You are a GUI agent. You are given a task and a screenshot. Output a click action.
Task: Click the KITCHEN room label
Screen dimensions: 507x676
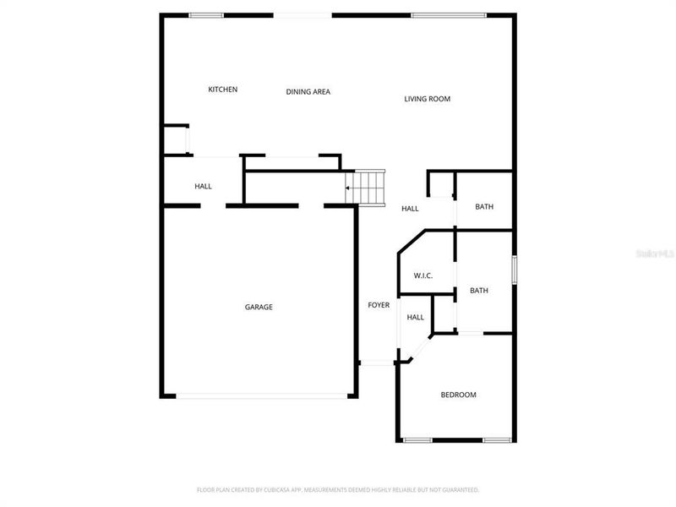[x=223, y=90]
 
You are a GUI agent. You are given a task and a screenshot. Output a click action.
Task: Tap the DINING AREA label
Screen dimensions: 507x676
[x=308, y=91]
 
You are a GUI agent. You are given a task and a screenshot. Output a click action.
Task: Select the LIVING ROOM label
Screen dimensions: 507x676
[x=427, y=99]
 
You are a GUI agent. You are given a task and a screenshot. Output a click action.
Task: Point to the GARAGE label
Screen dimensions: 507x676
[x=259, y=307]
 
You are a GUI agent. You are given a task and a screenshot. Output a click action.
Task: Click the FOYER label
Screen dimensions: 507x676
[x=379, y=305]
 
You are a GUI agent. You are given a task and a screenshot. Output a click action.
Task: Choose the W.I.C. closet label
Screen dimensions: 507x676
[x=423, y=276]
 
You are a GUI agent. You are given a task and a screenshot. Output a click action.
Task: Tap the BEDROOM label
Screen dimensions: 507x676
[x=459, y=395]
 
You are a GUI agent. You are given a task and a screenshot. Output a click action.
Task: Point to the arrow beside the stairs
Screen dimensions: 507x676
[x=348, y=188]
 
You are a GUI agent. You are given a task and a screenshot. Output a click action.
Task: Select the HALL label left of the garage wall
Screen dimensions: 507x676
[x=203, y=186]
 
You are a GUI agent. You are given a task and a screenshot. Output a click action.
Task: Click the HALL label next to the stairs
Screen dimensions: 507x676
[x=410, y=209]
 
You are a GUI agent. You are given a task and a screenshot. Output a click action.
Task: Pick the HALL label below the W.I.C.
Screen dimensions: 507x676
[x=415, y=318]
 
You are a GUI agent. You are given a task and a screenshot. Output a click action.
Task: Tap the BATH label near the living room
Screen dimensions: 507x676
[x=484, y=207]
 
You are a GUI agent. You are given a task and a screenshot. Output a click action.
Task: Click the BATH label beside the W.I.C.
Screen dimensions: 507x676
[x=479, y=291]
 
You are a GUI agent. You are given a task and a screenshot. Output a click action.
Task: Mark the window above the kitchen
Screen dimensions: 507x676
[x=206, y=15]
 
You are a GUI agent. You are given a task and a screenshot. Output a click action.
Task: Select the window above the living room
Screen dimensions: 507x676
[x=448, y=15]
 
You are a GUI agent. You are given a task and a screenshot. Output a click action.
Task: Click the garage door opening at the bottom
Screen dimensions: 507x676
[x=262, y=395]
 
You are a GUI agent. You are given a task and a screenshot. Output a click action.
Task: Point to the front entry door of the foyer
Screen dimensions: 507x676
[x=377, y=363]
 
